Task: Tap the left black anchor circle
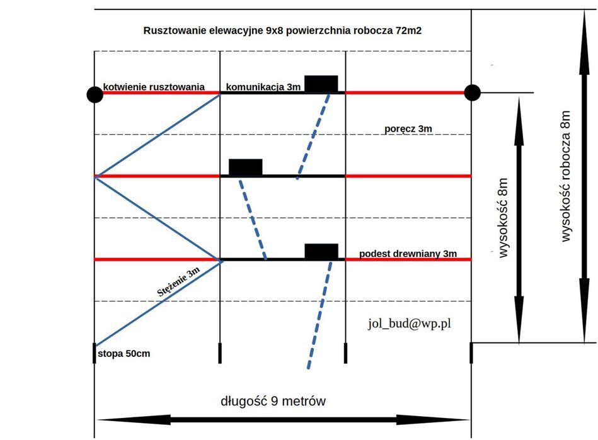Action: [95, 94]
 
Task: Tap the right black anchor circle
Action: [472, 93]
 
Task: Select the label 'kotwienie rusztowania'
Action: [154, 87]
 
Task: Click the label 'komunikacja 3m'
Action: [263, 87]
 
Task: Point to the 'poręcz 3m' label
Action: [408, 129]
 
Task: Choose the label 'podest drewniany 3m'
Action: [408, 254]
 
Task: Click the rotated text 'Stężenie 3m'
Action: [178, 281]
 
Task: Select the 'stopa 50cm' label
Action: [124, 354]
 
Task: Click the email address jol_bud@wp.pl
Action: [410, 324]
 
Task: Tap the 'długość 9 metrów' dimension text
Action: [273, 401]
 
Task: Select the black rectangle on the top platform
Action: [321, 83]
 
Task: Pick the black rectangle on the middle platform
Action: [245, 167]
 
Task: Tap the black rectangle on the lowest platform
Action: [321, 251]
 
